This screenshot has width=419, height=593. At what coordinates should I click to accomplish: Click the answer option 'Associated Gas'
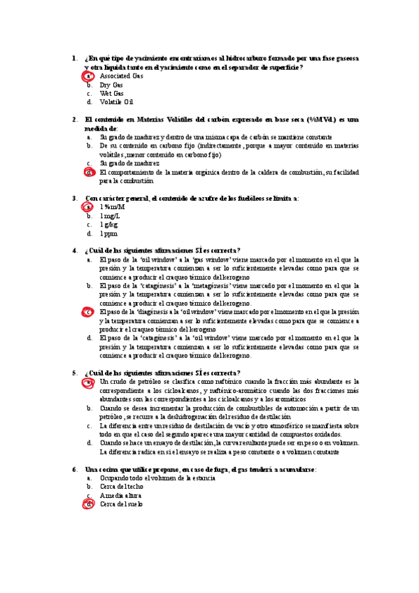coord(121,76)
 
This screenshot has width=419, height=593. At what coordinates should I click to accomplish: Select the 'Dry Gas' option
coord(111,85)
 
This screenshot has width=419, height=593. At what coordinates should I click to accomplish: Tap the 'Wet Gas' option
coord(112,93)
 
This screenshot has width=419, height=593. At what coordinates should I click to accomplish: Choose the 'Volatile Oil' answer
coord(116,102)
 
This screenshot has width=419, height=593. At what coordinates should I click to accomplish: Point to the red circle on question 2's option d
coord(89,172)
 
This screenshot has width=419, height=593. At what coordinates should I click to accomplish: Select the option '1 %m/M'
coord(113,207)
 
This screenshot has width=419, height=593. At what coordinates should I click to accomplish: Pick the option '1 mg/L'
coord(111,216)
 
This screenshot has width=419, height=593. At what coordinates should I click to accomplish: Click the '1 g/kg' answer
coord(109,224)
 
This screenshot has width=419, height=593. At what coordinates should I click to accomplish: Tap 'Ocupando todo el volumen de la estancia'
coord(157,478)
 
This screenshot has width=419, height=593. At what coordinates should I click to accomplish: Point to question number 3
coord(75,199)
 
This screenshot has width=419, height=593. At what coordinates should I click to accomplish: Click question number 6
coord(75,469)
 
